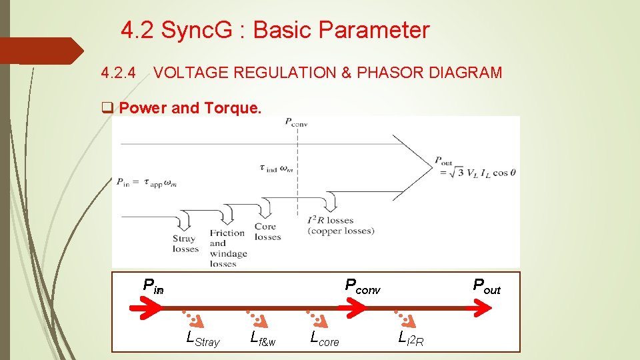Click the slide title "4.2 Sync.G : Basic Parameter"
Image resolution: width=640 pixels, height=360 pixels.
coord(275,30)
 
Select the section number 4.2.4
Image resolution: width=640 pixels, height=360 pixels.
coord(118,73)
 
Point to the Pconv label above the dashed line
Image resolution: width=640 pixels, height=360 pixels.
coord(295,122)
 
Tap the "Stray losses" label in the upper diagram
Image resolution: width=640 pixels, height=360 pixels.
coord(185,243)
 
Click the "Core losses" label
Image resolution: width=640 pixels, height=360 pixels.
coord(267,232)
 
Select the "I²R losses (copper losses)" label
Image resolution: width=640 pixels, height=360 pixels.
coord(341,225)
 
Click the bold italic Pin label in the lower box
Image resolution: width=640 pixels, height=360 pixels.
coord(153,286)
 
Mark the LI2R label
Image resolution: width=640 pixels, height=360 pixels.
coord(411,339)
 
